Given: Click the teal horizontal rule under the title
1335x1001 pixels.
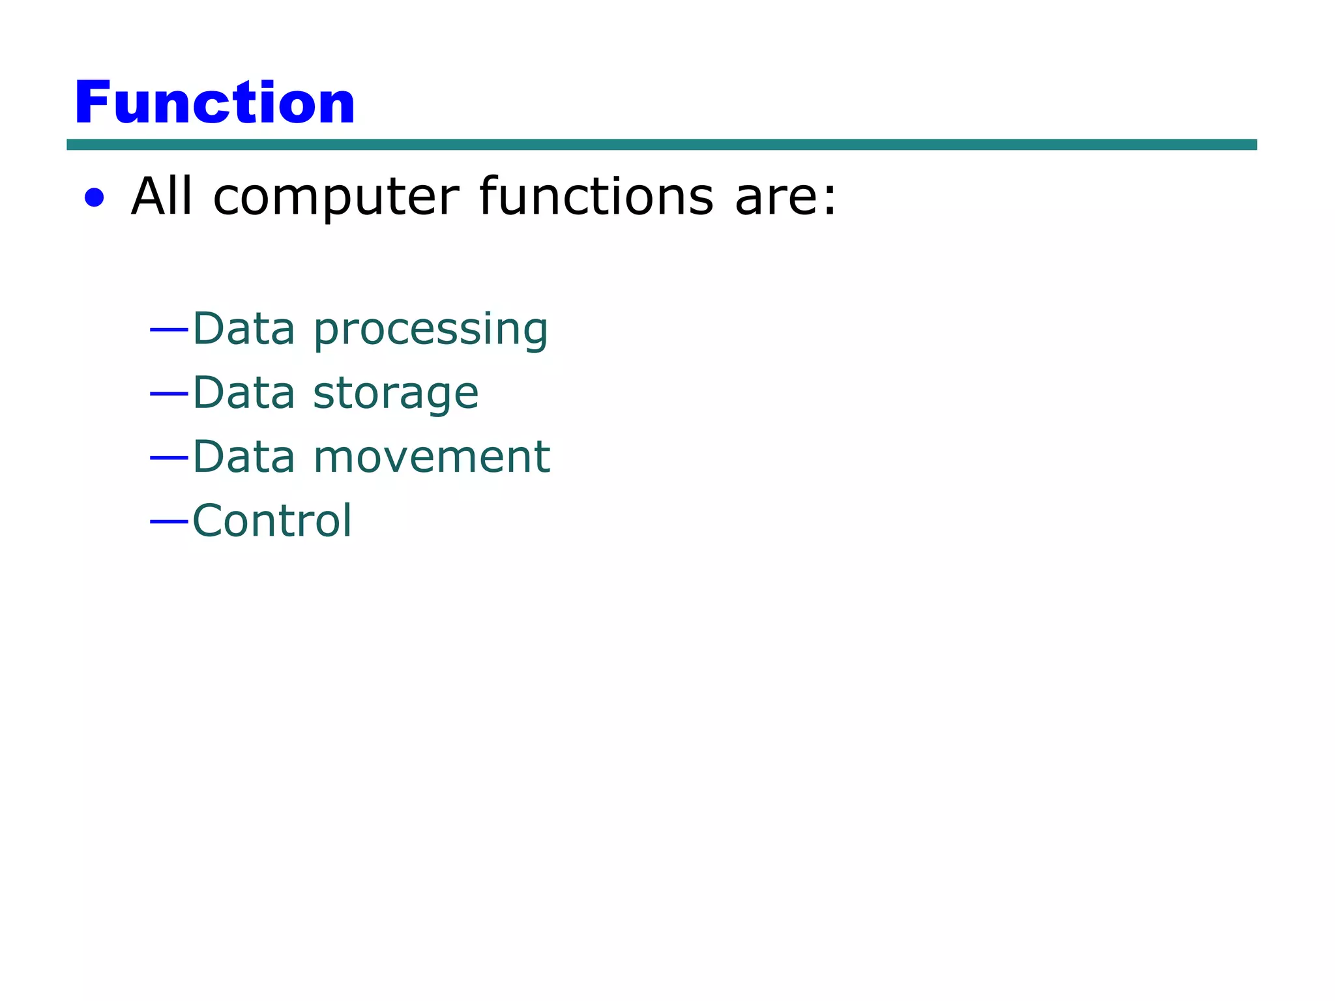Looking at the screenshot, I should tap(661, 145).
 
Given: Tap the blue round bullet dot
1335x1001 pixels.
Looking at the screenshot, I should tap(95, 197).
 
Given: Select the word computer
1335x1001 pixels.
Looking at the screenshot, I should tap(336, 199).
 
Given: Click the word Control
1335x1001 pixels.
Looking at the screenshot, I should tap(272, 521).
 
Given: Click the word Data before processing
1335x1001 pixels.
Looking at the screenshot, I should tap(244, 328).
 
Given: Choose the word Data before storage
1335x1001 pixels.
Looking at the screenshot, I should tap(244, 392).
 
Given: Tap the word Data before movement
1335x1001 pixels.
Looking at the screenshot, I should tap(244, 456).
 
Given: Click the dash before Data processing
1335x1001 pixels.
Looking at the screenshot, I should tap(169, 330).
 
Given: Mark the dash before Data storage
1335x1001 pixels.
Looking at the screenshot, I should tap(169, 394).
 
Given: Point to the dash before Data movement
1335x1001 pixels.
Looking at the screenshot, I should tap(169, 458).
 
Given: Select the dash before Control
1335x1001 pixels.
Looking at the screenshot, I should tap(169, 521).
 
